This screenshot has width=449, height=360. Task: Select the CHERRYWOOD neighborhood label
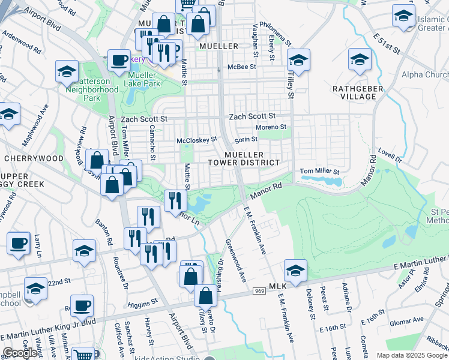pos(34,158)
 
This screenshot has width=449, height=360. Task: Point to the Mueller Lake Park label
pos(143,79)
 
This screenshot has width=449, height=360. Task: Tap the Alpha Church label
pos(424,75)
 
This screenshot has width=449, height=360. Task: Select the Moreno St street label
pos(271,127)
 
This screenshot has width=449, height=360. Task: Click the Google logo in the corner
pos(19,353)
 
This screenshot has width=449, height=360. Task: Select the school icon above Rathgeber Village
pos(360,60)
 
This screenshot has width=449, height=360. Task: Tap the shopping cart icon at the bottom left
pos(83,354)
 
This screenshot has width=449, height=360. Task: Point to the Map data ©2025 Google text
pos(411,355)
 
